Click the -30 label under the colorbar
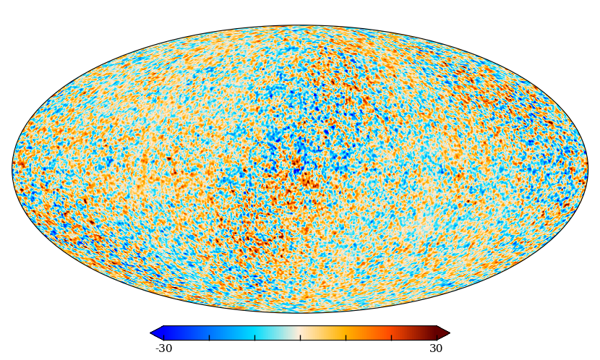(x=164, y=348)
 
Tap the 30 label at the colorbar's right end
(x=436, y=348)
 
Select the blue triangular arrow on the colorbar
(x=157, y=333)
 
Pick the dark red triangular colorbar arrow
(x=443, y=333)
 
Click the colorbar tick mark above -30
(x=164, y=337)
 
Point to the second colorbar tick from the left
(x=210, y=337)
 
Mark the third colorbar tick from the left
(x=255, y=337)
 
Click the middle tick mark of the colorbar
(x=301, y=337)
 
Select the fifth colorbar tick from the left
(x=346, y=337)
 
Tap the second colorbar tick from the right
(x=391, y=337)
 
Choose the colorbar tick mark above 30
(x=437, y=337)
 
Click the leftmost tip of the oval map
(x=12, y=169)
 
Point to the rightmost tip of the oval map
(x=588, y=169)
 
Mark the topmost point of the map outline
(x=300, y=25)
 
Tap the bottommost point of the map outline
(x=300, y=312)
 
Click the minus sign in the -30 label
(x=158, y=349)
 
